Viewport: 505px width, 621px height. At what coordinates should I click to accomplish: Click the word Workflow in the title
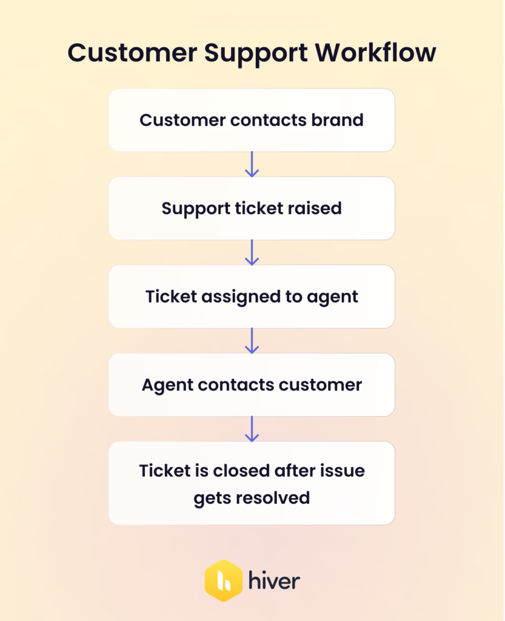click(x=375, y=53)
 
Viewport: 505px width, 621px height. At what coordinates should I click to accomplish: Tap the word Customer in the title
click(x=131, y=53)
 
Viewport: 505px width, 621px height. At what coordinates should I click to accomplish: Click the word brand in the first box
click(x=338, y=119)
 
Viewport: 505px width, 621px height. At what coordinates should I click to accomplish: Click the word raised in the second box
click(x=316, y=208)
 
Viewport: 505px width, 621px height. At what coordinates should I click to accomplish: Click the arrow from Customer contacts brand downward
click(x=252, y=164)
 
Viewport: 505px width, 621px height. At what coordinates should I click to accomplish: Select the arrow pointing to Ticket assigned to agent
click(x=252, y=252)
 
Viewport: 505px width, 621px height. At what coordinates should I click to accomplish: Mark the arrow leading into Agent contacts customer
click(x=252, y=341)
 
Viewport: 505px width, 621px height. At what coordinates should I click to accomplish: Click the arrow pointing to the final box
click(x=252, y=429)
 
